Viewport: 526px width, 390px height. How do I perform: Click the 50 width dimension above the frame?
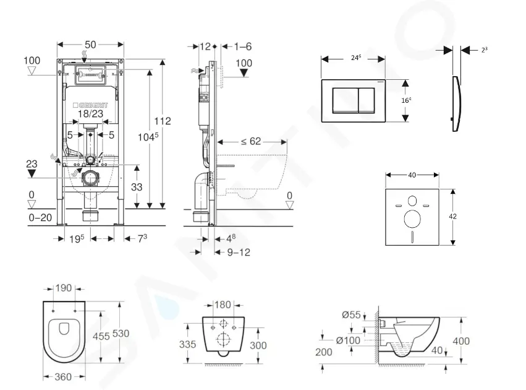pyautogui.click(x=90, y=45)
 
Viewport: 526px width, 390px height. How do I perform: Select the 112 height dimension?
pyautogui.click(x=163, y=121)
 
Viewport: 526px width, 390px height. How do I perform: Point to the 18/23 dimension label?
pyautogui.click(x=91, y=115)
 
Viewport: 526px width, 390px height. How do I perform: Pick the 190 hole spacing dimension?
pyautogui.click(x=64, y=288)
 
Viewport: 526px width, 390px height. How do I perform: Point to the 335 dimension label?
pyautogui.click(x=188, y=344)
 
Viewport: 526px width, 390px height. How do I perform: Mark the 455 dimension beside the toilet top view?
pyautogui.click(x=101, y=336)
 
